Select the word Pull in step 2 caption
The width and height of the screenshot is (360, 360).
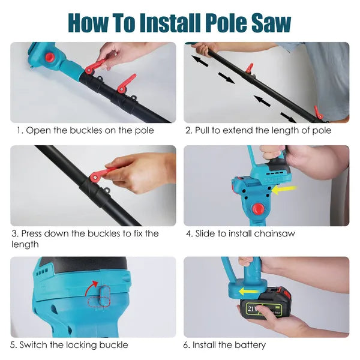tap(203, 130)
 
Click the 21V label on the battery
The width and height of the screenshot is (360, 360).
tap(251, 310)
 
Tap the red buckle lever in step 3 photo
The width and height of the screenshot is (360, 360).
tap(100, 174)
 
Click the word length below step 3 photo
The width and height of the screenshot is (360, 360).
tap(24, 244)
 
